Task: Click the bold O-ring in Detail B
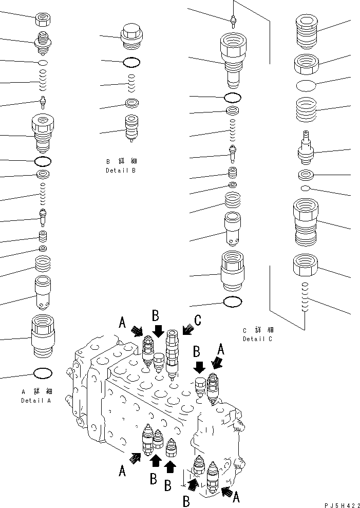132,62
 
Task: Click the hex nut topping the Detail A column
43,20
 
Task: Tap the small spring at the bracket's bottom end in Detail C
305,297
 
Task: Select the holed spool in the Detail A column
42,292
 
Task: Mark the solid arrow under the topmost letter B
159,331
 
